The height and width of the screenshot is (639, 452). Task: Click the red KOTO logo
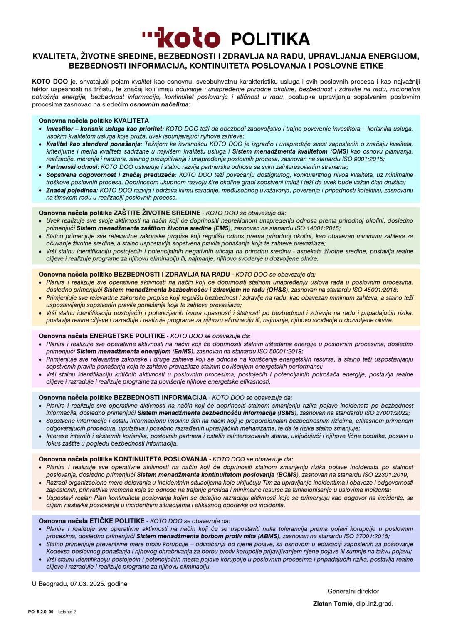[181, 38]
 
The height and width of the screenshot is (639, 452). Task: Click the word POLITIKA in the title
[270, 39]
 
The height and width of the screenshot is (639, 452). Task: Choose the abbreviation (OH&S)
[279, 290]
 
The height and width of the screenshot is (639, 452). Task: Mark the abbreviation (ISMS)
[287, 413]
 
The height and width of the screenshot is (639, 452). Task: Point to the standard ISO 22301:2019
[384, 474]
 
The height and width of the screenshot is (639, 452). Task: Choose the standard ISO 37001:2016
[366, 536]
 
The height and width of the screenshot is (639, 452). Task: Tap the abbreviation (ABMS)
[268, 536]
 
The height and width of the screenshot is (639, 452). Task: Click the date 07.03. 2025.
[88, 584]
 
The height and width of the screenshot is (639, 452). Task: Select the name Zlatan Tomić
[333, 604]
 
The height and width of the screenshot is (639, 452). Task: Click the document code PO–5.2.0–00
[41, 612]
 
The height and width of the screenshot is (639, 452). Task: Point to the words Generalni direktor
[353, 591]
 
